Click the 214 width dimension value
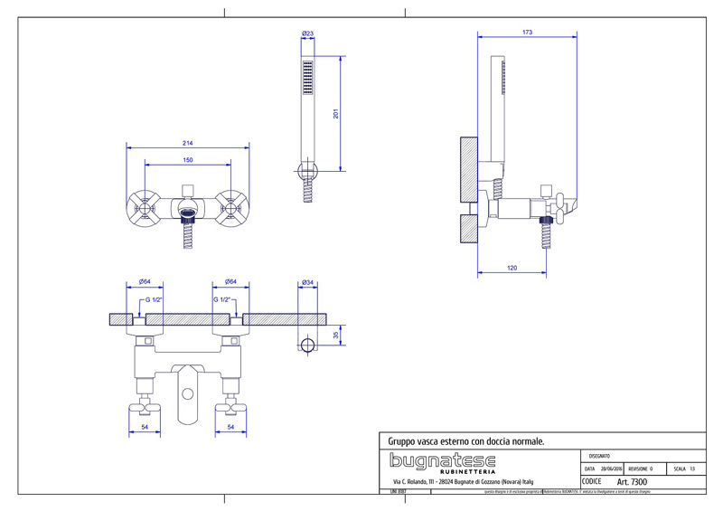tap(188, 143)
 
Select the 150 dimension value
tap(188, 161)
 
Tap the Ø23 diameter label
tap(307, 34)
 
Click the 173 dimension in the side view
tap(527, 33)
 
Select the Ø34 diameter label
tap(307, 282)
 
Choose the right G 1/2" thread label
tap(223, 299)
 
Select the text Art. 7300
tap(632, 483)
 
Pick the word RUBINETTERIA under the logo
tap(466, 471)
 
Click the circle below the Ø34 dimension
tap(307, 345)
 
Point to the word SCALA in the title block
tap(681, 469)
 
